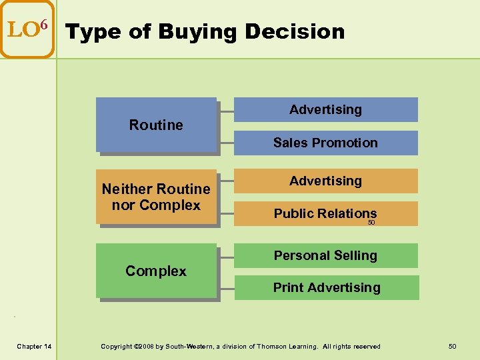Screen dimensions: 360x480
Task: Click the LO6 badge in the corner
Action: click(x=27, y=30)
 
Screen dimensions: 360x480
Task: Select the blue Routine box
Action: click(x=156, y=125)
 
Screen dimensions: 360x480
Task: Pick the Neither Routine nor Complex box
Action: click(x=156, y=197)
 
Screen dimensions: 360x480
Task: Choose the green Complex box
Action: click(x=156, y=271)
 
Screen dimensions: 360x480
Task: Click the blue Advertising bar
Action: click(x=325, y=110)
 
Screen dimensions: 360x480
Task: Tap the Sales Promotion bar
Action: click(x=325, y=143)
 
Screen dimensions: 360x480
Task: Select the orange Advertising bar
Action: click(x=325, y=181)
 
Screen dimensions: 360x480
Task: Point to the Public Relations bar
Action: click(x=325, y=213)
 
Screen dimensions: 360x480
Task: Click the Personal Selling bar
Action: click(x=325, y=255)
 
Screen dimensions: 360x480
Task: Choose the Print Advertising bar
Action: click(x=327, y=288)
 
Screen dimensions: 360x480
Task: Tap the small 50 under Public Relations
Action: click(x=372, y=223)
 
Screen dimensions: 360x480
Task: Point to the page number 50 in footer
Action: click(x=452, y=346)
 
